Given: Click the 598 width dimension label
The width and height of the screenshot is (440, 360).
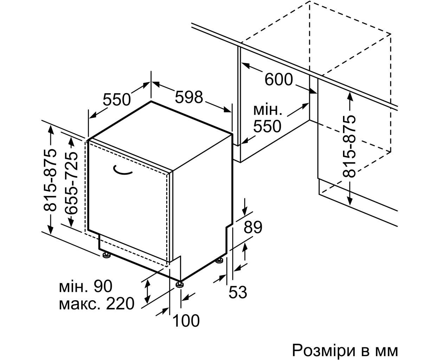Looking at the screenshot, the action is pos(189,97).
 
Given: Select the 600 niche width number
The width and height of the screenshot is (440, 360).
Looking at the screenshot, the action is pos(279,79).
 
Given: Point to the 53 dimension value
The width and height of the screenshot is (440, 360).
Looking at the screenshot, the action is pos(238,292).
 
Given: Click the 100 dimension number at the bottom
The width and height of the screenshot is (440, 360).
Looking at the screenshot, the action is pos(186,321).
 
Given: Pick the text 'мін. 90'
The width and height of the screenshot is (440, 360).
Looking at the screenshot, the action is pos(86,286).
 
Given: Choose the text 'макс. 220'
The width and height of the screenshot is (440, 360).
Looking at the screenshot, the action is pos(97,304).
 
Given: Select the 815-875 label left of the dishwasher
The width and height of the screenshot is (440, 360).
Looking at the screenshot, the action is pos(50,180).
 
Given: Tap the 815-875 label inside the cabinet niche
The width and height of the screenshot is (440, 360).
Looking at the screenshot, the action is pos(349,146).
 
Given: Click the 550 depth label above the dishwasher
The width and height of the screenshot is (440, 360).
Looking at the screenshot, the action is pos(117,99).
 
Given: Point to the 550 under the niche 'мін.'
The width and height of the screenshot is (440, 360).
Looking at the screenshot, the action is pos(267,126).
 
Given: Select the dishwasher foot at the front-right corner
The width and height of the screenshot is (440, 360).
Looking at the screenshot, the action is pos(180,285).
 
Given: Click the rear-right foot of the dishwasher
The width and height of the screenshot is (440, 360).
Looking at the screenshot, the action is pos(219,260).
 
